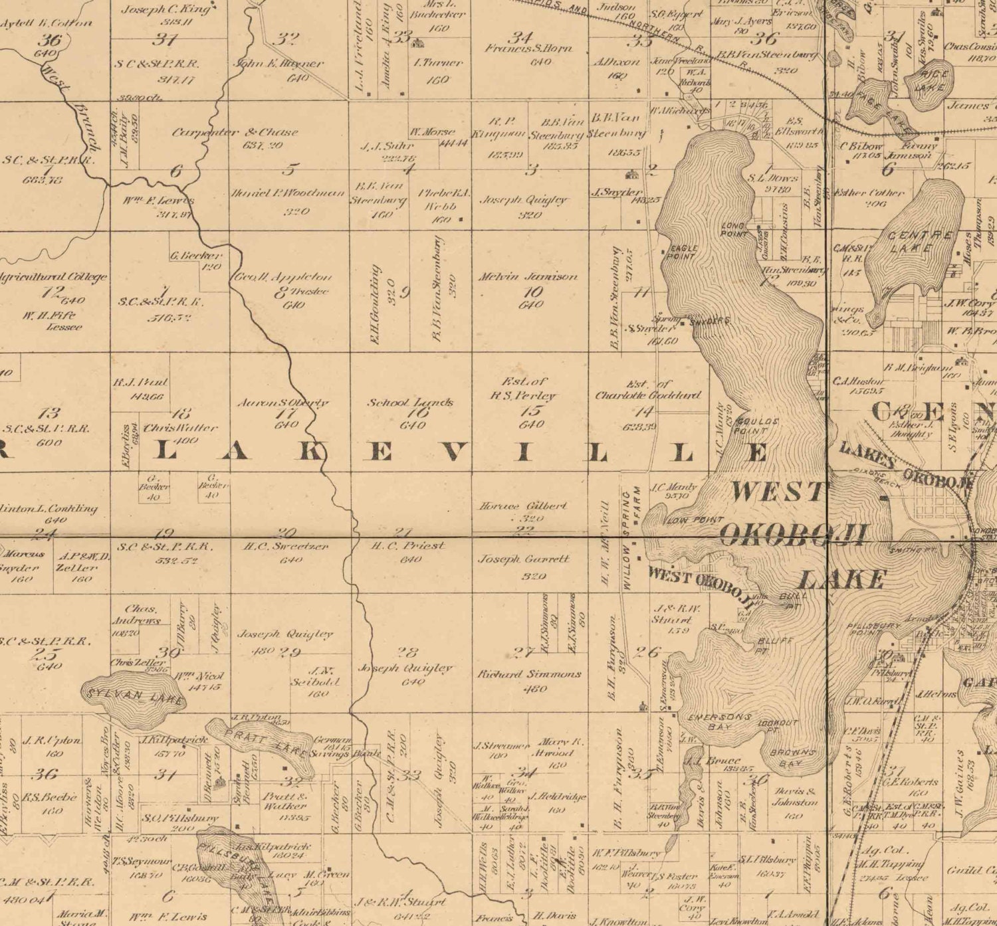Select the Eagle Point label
(x=682, y=252)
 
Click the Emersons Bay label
(x=719, y=721)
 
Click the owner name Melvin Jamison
(x=528, y=276)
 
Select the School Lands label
(x=411, y=403)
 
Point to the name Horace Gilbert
(x=523, y=506)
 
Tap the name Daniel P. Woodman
(x=287, y=193)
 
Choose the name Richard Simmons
(x=529, y=674)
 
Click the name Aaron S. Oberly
(x=283, y=403)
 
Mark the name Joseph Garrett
(x=524, y=559)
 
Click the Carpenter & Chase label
(x=235, y=132)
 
